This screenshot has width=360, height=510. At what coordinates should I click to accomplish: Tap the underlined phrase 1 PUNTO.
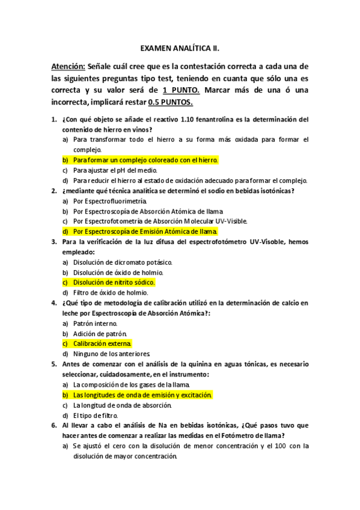pyautogui.click(x=182, y=90)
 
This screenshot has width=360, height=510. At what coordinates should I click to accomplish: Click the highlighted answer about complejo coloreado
pyautogui.click(x=145, y=160)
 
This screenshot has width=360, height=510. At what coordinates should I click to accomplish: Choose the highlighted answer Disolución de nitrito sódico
pyautogui.click(x=114, y=282)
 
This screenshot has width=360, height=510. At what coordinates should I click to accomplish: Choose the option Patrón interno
pyautogui.click(x=95, y=323)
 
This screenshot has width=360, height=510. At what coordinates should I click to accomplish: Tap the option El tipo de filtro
pyautogui.click(x=96, y=415)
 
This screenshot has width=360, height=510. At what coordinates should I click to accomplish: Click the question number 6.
pyautogui.click(x=53, y=425)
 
